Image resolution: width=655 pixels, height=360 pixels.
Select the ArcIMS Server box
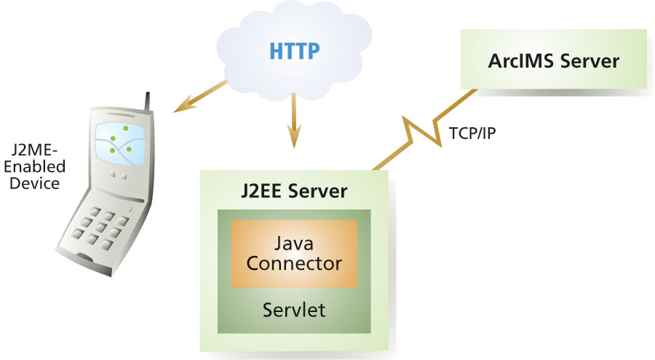point(553,60)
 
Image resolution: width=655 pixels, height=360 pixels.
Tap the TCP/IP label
point(472,134)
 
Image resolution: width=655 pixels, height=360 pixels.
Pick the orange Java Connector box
point(294,253)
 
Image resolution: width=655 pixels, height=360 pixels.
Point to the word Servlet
point(294,310)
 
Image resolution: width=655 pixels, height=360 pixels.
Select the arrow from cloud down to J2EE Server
point(293,120)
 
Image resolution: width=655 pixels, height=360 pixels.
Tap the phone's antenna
point(149,102)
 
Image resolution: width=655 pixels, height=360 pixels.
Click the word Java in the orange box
point(294,242)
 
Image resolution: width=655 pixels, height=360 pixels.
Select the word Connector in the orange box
point(294,263)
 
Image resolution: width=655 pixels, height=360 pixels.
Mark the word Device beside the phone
point(35,183)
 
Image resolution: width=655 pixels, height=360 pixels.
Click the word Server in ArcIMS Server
point(587,60)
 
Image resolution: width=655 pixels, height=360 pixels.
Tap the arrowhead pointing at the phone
point(180,108)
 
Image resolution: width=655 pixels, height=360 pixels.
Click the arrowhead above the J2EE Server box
point(293,137)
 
